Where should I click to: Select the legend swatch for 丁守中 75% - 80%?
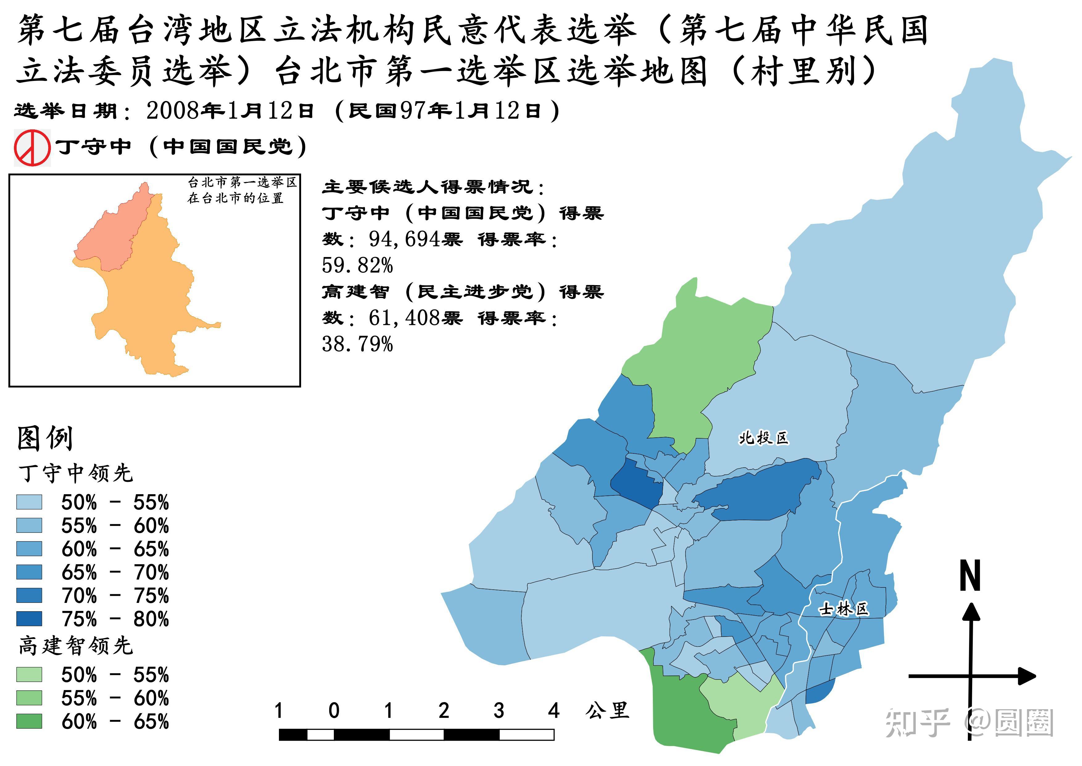(29, 618)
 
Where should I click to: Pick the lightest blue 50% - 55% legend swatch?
(29, 502)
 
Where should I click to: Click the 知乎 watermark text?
(917, 723)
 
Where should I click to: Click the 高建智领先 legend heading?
(75, 645)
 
